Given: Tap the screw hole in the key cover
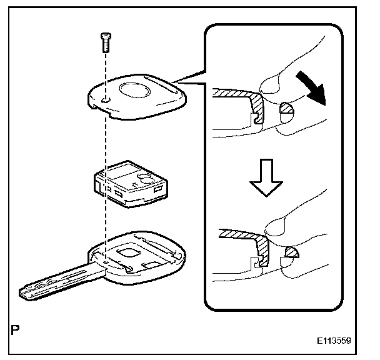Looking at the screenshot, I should [106, 99].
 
